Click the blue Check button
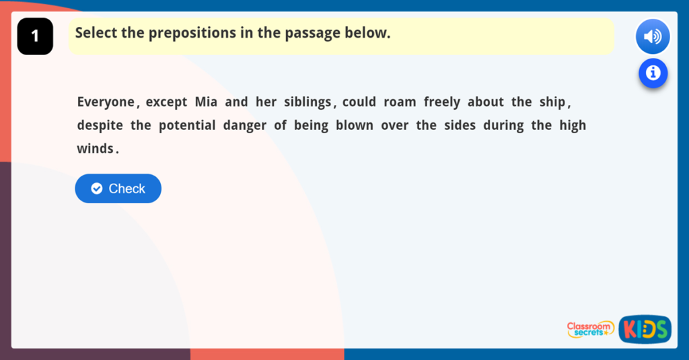(118, 188)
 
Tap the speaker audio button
(652, 36)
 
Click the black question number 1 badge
(35, 36)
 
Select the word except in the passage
(166, 102)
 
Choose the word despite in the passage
(100, 126)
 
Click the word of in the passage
(280, 126)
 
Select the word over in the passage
(394, 126)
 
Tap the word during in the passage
(503, 126)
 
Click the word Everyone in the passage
(106, 102)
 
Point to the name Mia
(206, 102)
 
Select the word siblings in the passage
(307, 102)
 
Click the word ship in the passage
(552, 102)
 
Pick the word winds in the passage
(95, 149)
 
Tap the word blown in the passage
(354, 126)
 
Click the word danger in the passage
(244, 126)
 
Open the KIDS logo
(645, 329)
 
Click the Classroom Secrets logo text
(590, 329)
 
